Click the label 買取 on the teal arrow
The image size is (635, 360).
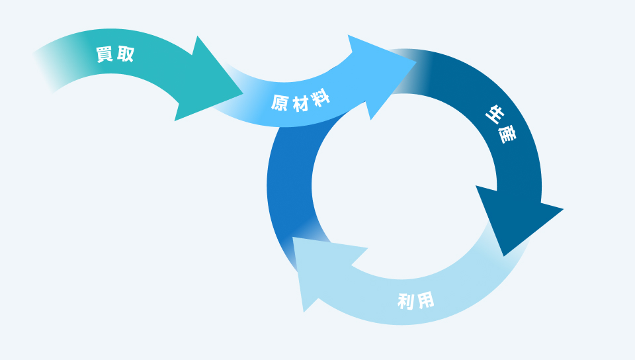tap(115, 55)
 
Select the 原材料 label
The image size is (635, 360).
tap(302, 102)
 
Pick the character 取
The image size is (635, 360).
tap(125, 55)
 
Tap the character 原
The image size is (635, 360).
tap(280, 103)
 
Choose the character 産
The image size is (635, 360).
tap(507, 136)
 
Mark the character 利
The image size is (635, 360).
tap(406, 302)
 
